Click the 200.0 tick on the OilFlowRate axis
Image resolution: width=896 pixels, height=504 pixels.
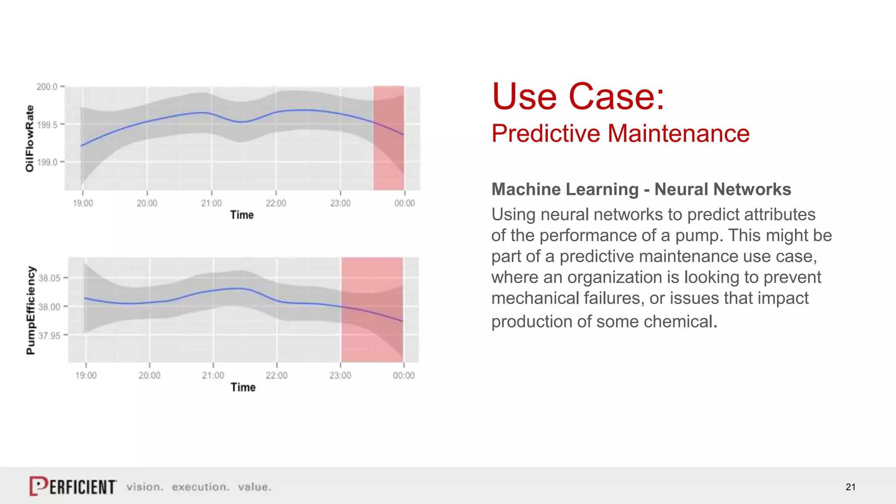click(47, 87)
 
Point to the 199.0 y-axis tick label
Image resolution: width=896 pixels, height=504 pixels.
click(47, 162)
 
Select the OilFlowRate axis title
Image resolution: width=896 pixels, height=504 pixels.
click(29, 138)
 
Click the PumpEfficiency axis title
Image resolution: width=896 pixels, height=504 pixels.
click(30, 310)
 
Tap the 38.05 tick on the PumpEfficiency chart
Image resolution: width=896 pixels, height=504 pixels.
click(49, 278)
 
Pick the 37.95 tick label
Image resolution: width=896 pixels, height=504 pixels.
click(49, 336)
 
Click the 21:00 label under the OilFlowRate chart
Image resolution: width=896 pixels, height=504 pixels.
click(211, 203)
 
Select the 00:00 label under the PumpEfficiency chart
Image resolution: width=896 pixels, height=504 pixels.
click(403, 375)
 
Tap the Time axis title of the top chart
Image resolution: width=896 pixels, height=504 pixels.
click(242, 215)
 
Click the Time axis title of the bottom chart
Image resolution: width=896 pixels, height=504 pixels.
click(243, 387)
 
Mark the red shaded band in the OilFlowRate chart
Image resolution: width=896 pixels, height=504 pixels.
click(388, 138)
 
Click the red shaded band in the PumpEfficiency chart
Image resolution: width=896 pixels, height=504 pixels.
click(372, 310)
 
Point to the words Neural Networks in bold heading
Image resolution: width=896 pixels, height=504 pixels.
click(723, 189)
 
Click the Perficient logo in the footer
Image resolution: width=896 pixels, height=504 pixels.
click(73, 486)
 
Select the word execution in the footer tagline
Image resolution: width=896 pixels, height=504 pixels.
click(200, 487)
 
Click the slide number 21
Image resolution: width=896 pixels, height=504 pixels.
click(850, 487)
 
